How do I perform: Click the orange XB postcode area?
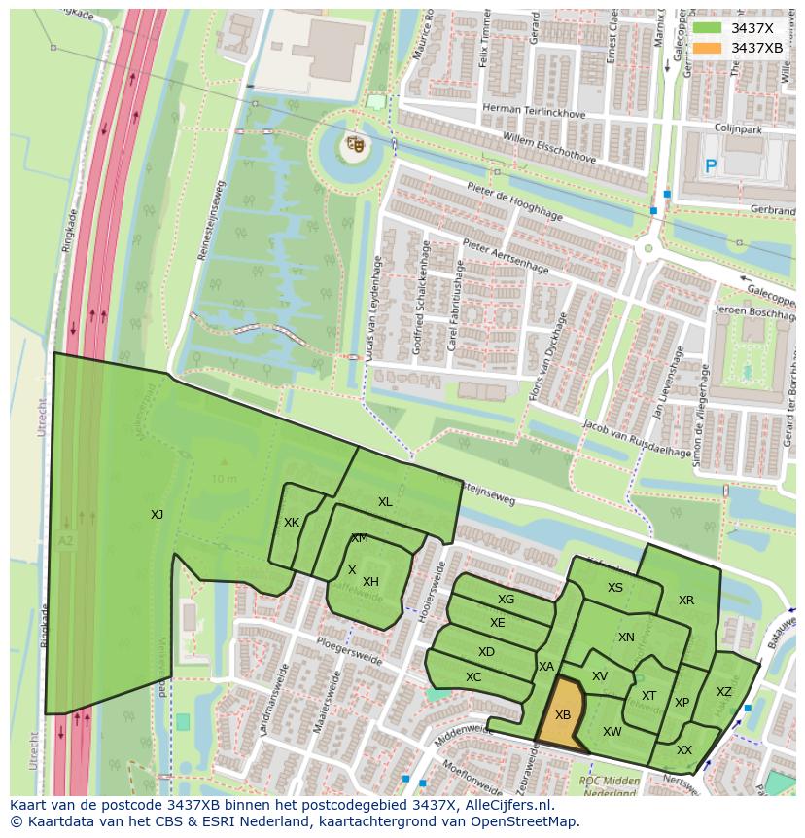coord(563,715)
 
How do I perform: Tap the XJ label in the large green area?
coord(157,514)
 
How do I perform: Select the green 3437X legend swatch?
coord(706,28)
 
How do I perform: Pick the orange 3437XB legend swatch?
coord(706,48)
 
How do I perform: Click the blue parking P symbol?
coord(711,167)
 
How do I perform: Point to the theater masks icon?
coord(355,145)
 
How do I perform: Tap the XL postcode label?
coord(385,502)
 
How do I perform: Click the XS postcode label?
coord(615,588)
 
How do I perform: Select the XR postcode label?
coord(686,601)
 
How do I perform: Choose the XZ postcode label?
coord(724,692)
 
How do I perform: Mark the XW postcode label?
coord(612,732)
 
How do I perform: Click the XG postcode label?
coord(506,600)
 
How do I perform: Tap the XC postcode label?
coord(473,677)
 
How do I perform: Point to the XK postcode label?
coord(292,523)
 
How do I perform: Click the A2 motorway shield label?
coord(65,541)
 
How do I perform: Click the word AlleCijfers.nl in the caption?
coord(505,805)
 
